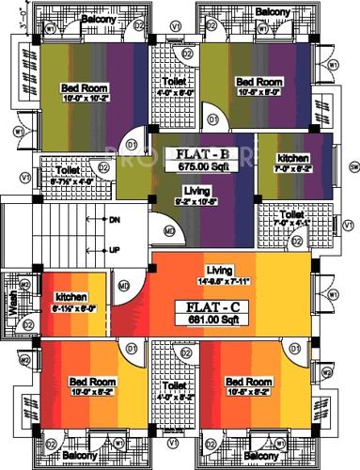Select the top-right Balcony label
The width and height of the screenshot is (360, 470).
coord(271,11)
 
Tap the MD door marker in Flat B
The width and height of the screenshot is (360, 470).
coord(169,229)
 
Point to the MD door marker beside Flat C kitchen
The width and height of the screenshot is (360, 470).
coord(123,286)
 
